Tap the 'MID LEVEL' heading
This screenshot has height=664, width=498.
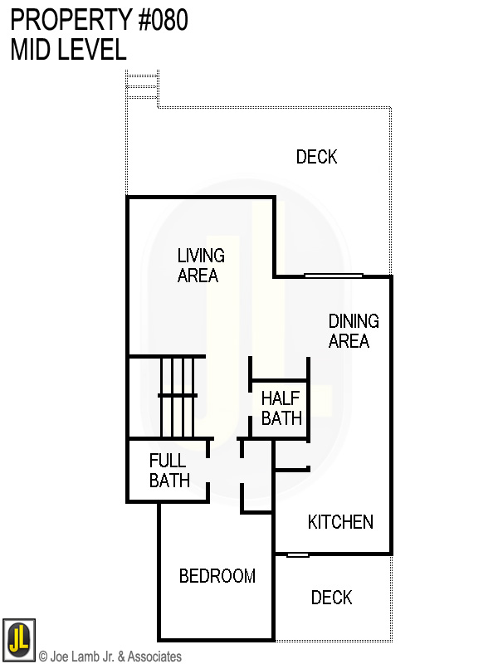68,50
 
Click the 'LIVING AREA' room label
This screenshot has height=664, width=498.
199,266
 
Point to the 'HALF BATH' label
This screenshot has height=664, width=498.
281,407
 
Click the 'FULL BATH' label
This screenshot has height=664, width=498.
169,470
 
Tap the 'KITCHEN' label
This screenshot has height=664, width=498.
340,522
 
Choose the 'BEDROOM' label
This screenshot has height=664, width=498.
217,576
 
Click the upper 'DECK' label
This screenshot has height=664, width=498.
316,157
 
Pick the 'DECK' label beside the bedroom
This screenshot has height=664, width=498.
331,598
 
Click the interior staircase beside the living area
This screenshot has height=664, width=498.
178,396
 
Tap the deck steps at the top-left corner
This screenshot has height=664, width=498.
141,88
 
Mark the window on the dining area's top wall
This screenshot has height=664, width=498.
333,276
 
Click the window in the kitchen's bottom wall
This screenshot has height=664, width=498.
298,554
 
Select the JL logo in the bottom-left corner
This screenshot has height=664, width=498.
19,639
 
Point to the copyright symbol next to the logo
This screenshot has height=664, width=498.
43,657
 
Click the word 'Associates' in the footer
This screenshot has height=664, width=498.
154,657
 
